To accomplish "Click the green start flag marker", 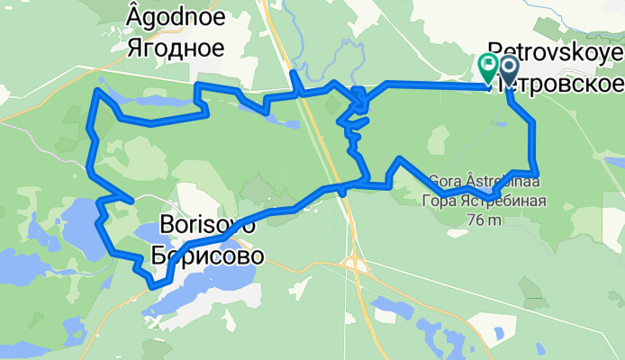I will [x=488, y=66].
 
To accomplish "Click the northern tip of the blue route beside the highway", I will [x=294, y=73].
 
